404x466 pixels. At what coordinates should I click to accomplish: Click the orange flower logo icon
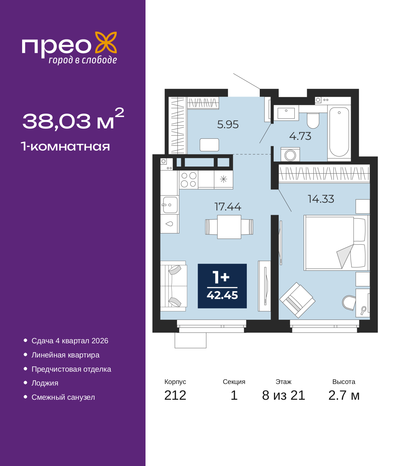coord(106,42)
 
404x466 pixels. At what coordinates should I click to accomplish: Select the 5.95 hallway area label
coord(228,124)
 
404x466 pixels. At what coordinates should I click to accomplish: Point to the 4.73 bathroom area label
coord(300,136)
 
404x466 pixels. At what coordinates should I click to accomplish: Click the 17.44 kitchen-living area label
coord(228,207)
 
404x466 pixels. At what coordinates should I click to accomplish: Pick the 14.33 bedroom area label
coord(321,199)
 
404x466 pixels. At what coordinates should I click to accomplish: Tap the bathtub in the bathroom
coord(339,132)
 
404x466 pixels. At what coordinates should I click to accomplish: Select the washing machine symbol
coord(290,155)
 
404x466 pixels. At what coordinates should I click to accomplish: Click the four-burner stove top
coord(188,180)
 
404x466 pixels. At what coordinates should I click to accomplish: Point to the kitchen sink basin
coord(170,205)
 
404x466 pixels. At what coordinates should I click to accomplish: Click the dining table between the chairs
coord(229,227)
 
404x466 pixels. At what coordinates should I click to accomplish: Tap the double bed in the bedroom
coord(336,243)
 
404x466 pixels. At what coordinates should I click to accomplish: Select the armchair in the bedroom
coord(297,300)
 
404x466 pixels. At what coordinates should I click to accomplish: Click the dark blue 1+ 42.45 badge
coord(222,286)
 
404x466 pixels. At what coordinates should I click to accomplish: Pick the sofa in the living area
coord(174,286)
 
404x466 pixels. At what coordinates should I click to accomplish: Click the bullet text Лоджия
coord(45,383)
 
